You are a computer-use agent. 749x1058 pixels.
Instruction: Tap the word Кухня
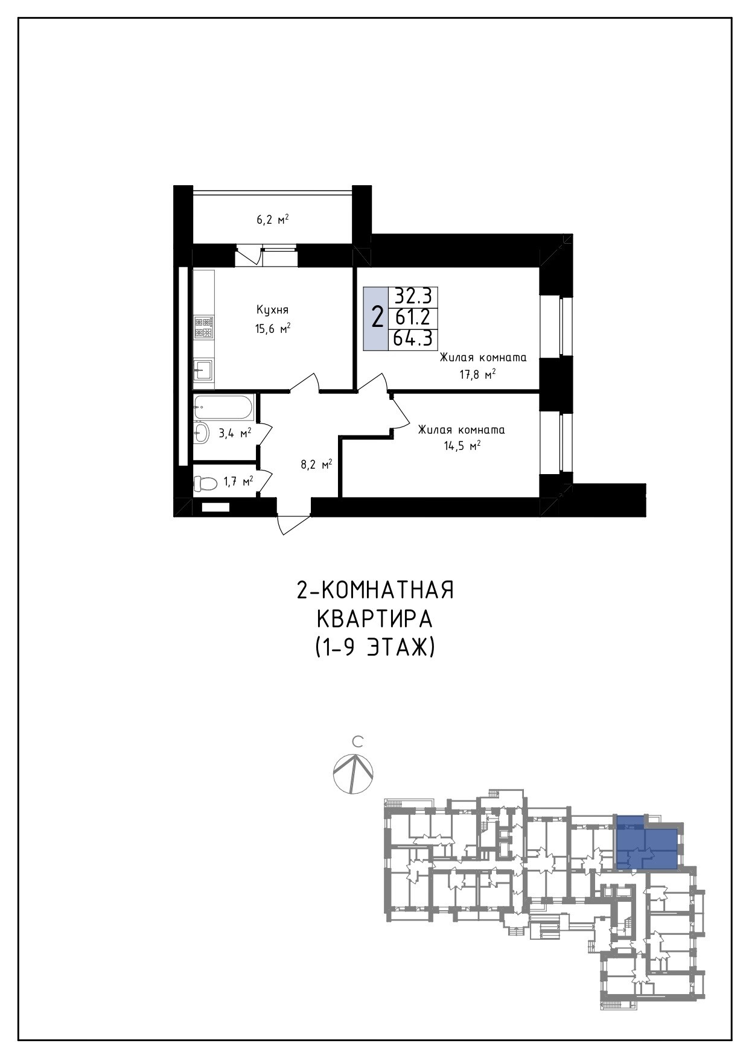(x=272, y=310)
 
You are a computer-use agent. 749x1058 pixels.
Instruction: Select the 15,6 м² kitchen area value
(x=273, y=329)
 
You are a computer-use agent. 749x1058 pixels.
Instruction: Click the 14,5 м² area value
(x=462, y=446)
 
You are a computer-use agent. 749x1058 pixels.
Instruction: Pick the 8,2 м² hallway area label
(x=317, y=464)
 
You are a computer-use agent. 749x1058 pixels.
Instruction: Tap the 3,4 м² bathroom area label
(x=235, y=432)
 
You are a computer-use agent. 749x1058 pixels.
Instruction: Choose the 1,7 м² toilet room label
(x=238, y=481)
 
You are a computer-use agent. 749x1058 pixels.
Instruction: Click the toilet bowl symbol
(x=205, y=483)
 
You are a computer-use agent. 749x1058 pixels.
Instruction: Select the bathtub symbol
(x=223, y=408)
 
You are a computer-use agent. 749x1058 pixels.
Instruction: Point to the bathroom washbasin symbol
(x=201, y=432)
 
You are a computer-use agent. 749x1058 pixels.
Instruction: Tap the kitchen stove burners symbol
(x=203, y=328)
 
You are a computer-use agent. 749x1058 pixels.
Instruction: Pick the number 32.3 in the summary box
(x=413, y=296)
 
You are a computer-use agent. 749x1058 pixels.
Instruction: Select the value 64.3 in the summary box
(x=413, y=338)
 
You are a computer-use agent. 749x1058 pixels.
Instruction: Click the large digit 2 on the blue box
(x=377, y=317)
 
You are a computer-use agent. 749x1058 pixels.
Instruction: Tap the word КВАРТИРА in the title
(x=375, y=619)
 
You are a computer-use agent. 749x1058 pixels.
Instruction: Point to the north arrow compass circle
(x=353, y=774)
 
